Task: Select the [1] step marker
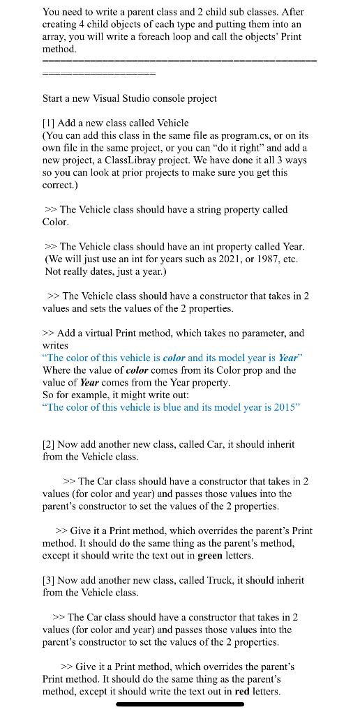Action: tap(49, 123)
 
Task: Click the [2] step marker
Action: tap(49, 444)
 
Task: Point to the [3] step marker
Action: tap(49, 580)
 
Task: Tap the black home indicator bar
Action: tap(180, 704)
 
